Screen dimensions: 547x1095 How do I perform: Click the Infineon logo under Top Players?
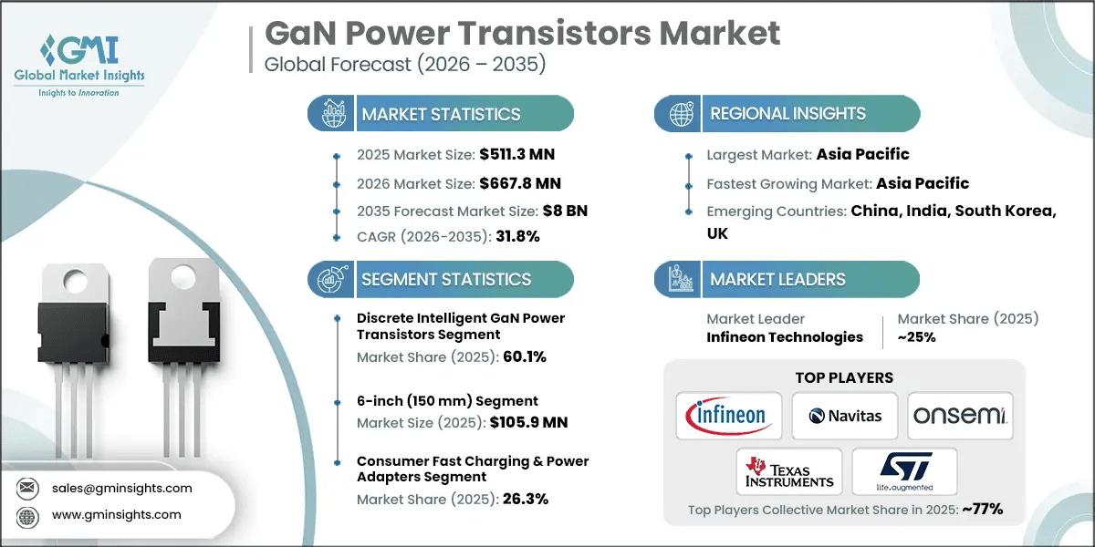click(x=728, y=416)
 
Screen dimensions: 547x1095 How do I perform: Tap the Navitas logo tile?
click(x=844, y=416)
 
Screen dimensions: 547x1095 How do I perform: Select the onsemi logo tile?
click(x=960, y=416)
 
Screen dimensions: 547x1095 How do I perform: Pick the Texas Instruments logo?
click(x=789, y=471)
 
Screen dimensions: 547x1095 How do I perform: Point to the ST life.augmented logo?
click(x=903, y=471)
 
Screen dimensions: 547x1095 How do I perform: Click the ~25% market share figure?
click(x=916, y=336)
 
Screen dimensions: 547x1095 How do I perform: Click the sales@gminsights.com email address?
click(x=122, y=488)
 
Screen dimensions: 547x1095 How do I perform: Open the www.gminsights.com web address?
click(x=117, y=515)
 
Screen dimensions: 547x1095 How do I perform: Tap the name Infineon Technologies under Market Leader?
click(x=785, y=336)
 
